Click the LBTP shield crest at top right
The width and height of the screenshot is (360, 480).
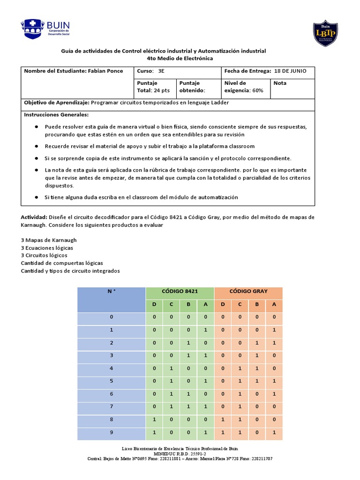[325, 34]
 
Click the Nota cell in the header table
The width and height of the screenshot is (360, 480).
[280, 83]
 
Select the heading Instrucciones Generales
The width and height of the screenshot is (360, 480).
[56, 115]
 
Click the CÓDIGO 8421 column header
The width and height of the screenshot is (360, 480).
[180, 291]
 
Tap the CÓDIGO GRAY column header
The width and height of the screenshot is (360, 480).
[248, 291]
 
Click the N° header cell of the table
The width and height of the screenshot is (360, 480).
[111, 291]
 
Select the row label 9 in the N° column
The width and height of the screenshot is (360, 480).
[111, 432]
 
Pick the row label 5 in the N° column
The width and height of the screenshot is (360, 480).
[111, 381]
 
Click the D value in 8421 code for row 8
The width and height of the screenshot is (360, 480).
[154, 420]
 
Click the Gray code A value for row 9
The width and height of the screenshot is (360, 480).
[274, 432]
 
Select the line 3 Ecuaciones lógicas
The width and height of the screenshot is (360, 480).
[47, 247]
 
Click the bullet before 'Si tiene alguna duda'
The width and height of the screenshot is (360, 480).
[37, 197]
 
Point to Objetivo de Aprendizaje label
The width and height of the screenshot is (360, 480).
[56, 102]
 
